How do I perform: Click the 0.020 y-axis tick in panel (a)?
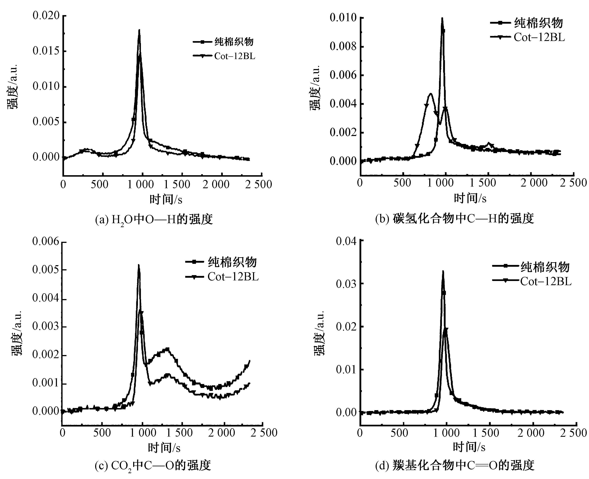click(46, 16)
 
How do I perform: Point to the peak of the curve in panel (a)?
click(139, 30)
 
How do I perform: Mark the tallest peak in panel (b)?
click(442, 19)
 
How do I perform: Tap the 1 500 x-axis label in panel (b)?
click(483, 183)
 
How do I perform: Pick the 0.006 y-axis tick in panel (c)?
click(46, 242)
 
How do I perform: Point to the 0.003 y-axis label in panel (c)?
click(46, 326)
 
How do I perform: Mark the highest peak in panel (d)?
click(443, 271)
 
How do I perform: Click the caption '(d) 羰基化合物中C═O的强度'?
click(455, 465)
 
